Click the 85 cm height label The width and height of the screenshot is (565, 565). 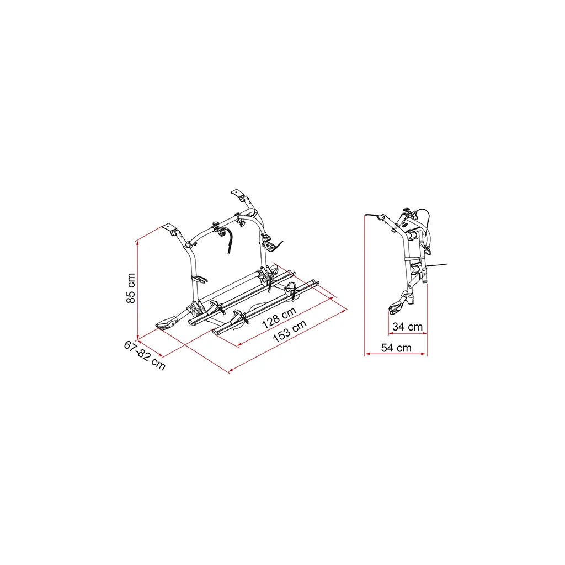pyautogui.click(x=131, y=288)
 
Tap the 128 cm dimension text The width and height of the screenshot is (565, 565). pyautogui.click(x=279, y=318)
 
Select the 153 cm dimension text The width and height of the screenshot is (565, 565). pyautogui.click(x=290, y=331)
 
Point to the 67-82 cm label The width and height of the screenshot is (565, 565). pyautogui.click(x=145, y=355)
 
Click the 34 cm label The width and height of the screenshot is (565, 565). pyautogui.click(x=407, y=327)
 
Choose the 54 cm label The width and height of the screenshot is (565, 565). pyautogui.click(x=396, y=348)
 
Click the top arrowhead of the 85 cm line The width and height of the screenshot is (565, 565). pyautogui.click(x=137, y=243)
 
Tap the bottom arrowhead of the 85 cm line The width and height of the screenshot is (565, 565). pyautogui.click(x=137, y=337)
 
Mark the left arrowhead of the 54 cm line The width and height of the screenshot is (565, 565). pyautogui.click(x=367, y=354)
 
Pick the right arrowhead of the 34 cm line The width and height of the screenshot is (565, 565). pyautogui.click(x=424, y=333)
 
